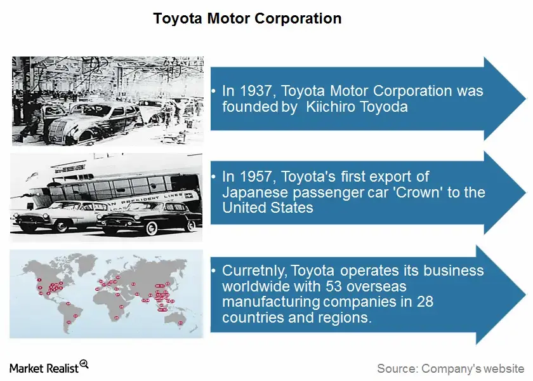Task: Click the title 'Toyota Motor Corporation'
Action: click(x=247, y=18)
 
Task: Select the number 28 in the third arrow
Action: click(x=424, y=301)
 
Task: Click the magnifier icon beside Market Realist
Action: click(x=84, y=364)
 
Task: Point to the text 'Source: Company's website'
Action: click(x=451, y=368)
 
